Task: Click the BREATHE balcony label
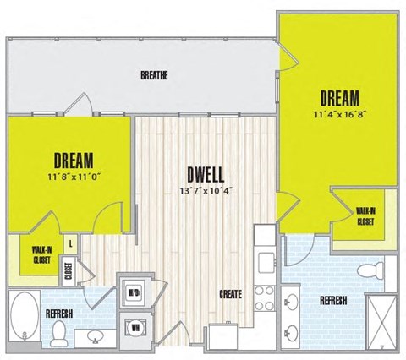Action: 154,75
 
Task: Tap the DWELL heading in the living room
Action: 206,175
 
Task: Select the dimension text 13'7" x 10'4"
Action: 206,190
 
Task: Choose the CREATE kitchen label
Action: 231,294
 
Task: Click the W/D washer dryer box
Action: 134,292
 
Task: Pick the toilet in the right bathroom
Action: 367,270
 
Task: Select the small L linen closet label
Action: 69,243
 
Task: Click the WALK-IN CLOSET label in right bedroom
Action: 365,216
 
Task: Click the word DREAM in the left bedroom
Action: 73,160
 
